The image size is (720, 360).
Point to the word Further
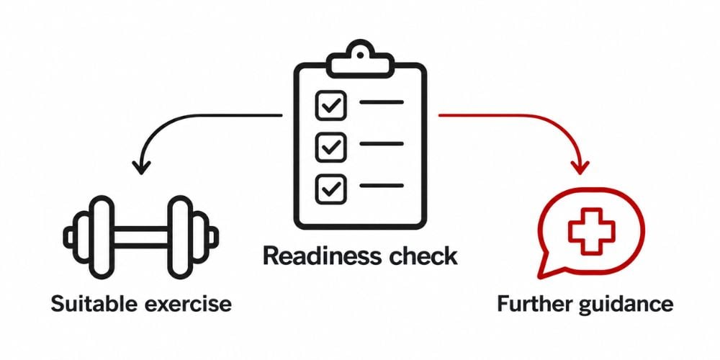click(534, 304)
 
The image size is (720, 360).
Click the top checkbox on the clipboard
click(330, 106)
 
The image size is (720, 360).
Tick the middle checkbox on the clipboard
click(330, 147)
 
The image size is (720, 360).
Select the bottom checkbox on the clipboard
click(330, 188)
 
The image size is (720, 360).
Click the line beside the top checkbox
click(382, 102)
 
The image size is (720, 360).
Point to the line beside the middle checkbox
click(382, 144)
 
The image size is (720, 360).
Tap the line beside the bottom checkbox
click(382, 186)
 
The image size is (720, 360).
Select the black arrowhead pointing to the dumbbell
click(141, 167)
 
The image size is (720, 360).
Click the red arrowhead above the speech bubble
click(579, 167)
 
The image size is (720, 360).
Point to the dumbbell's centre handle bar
click(140, 238)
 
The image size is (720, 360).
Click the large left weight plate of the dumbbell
click(100, 238)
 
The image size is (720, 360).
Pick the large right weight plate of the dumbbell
click(180, 238)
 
